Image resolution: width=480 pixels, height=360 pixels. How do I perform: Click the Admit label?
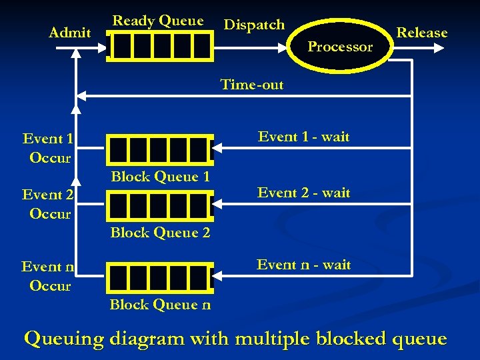70,33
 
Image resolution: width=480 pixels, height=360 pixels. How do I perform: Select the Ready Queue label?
158,21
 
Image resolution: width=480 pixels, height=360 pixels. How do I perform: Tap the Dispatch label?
254,25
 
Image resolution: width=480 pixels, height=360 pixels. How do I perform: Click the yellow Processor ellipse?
340,47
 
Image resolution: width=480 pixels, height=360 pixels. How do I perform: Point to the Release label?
422,33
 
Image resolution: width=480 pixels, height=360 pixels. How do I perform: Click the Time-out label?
252,85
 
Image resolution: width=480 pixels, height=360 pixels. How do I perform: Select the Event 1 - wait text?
303,137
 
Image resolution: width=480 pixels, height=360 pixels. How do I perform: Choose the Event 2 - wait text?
303,193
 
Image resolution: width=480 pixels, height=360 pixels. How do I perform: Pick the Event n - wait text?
303,265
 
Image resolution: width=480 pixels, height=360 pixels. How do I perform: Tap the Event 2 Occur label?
48,204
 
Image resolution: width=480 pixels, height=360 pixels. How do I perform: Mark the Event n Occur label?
48,276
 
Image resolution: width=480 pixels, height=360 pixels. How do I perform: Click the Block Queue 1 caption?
160,177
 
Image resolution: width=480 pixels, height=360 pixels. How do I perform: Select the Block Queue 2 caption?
160,233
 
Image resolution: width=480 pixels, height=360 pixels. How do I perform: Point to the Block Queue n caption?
160,305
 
